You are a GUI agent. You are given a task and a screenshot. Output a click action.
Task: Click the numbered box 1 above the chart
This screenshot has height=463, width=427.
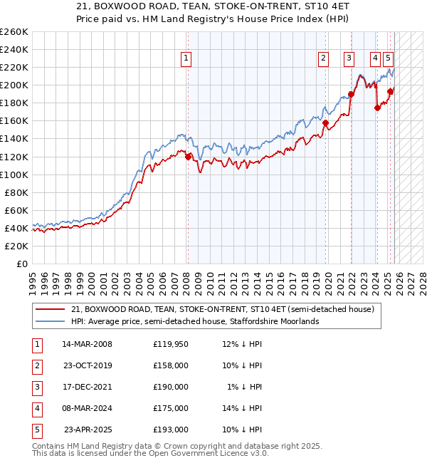tap(186, 59)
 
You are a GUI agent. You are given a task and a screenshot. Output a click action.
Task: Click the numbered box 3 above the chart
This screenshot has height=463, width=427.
tap(349, 59)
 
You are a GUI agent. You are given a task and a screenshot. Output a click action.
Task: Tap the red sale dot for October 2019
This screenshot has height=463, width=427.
tap(325, 123)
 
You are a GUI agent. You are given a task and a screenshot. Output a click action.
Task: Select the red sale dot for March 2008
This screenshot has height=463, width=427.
tap(188, 157)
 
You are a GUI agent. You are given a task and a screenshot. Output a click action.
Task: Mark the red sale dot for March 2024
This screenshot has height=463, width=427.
tap(377, 108)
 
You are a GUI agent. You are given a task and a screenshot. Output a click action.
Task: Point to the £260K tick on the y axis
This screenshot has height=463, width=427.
tap(14, 32)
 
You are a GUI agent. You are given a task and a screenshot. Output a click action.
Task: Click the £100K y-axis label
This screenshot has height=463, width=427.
tap(14, 175)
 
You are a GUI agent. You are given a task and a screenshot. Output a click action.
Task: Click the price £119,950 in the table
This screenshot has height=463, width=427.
tap(170, 344)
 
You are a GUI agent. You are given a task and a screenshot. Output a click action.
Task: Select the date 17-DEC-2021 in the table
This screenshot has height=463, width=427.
tap(87, 387)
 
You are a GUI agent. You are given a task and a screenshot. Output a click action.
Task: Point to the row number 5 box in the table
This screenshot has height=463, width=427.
tap(36, 430)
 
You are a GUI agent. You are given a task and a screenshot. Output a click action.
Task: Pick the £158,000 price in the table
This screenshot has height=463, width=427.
tap(170, 365)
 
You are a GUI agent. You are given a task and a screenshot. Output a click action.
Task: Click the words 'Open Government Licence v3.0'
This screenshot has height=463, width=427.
tap(207, 453)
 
